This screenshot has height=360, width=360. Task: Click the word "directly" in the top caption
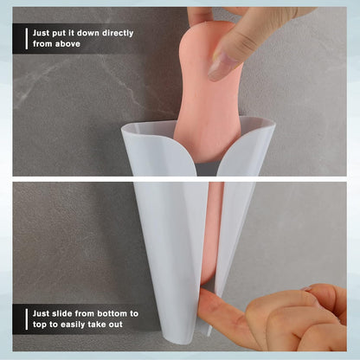(x=117, y=34)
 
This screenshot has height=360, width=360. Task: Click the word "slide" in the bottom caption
(x=62, y=313)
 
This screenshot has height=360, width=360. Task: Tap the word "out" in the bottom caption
(x=116, y=325)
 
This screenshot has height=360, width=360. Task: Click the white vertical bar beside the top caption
(x=27, y=39)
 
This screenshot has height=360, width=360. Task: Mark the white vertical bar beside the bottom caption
(x=27, y=319)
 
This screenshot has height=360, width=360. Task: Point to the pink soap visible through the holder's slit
(x=214, y=231)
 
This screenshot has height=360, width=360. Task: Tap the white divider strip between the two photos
(x=180, y=179)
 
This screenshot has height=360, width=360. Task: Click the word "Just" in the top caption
(x=41, y=33)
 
